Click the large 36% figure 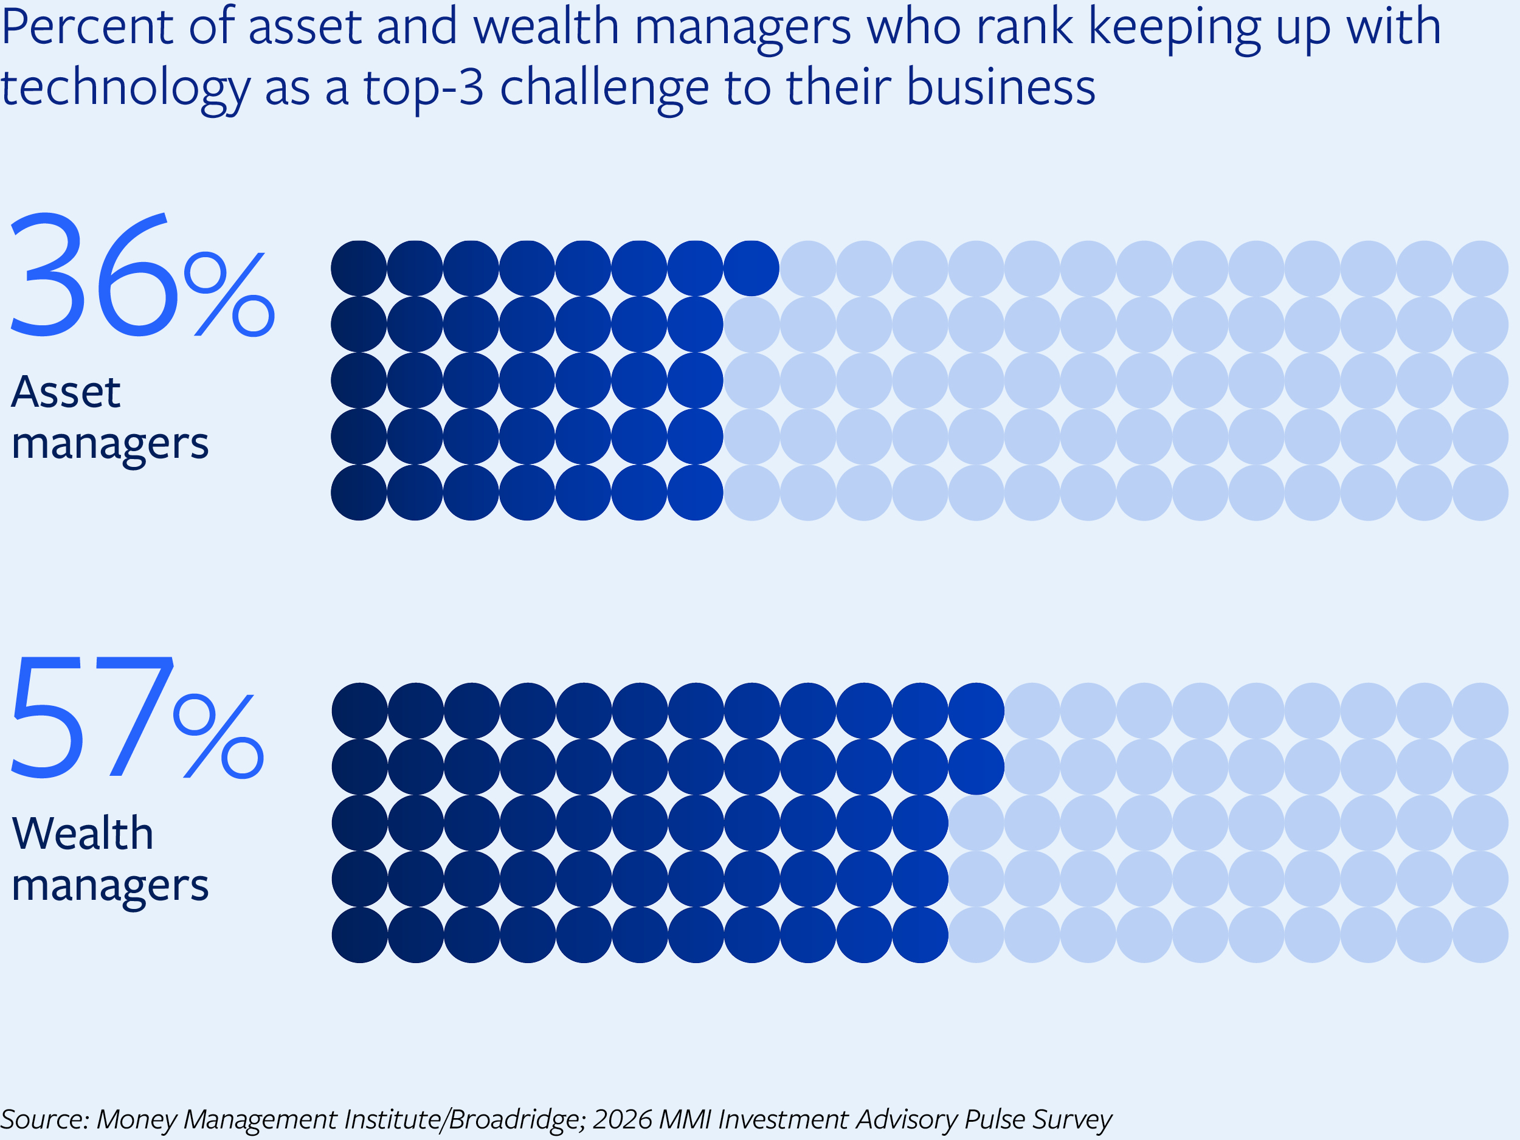point(141,275)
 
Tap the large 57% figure point(136,717)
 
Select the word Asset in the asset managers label point(66,392)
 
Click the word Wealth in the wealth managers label point(83,834)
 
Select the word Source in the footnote point(44,1119)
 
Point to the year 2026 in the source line point(622,1119)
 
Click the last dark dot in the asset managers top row point(751,268)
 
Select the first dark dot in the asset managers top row point(359,268)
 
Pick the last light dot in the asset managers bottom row point(1480,492)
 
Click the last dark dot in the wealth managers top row point(976,711)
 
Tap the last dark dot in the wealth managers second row point(976,767)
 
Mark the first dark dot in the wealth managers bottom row point(359,934)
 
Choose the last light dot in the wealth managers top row point(1480,711)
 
